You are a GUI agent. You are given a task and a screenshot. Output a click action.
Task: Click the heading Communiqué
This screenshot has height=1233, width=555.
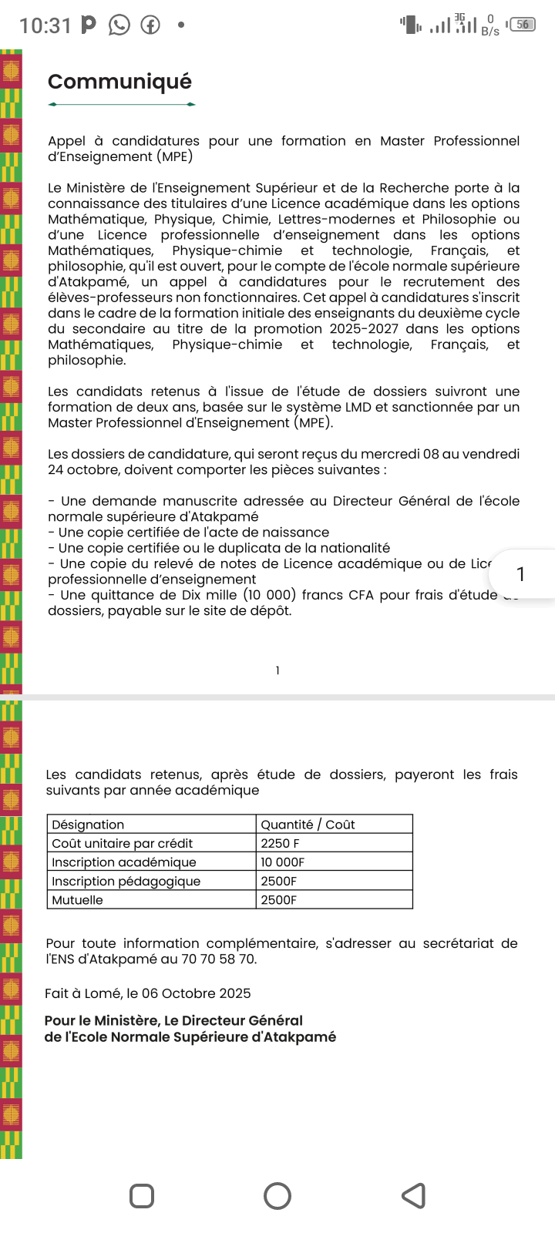pyautogui.click(x=119, y=82)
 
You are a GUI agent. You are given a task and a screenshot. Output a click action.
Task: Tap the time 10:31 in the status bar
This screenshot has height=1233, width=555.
pyautogui.click(x=45, y=26)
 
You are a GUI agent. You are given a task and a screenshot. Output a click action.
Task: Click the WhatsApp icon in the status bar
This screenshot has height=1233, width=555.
pyautogui.click(x=119, y=25)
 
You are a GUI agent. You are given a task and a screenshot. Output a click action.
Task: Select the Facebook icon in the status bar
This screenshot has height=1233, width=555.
pyautogui.click(x=150, y=25)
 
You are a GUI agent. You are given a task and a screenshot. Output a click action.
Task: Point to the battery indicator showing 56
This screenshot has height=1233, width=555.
pyautogui.click(x=523, y=25)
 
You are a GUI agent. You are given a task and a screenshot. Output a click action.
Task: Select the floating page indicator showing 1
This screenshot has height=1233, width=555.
pyautogui.click(x=521, y=574)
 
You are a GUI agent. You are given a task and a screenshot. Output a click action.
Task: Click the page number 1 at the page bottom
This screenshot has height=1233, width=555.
pyautogui.click(x=277, y=670)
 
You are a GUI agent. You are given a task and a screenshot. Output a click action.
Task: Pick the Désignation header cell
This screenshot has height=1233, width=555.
pyautogui.click(x=88, y=825)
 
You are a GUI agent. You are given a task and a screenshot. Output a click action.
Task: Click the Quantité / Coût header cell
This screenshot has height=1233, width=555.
pyautogui.click(x=308, y=825)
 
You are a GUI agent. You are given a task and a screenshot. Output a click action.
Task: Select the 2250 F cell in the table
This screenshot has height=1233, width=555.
pyautogui.click(x=280, y=843)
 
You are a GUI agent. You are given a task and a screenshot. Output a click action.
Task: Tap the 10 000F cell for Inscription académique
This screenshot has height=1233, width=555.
pyautogui.click(x=282, y=862)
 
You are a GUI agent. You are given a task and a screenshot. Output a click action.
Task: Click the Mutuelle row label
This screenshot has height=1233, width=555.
pyautogui.click(x=77, y=900)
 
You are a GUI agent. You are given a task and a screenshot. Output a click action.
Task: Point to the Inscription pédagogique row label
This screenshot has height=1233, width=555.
pyautogui.click(x=126, y=881)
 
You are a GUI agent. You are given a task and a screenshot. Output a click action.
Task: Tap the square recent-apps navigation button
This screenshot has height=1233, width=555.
pyautogui.click(x=142, y=1196)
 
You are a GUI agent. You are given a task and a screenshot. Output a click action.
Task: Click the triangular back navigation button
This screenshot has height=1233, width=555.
pyautogui.click(x=414, y=1196)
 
